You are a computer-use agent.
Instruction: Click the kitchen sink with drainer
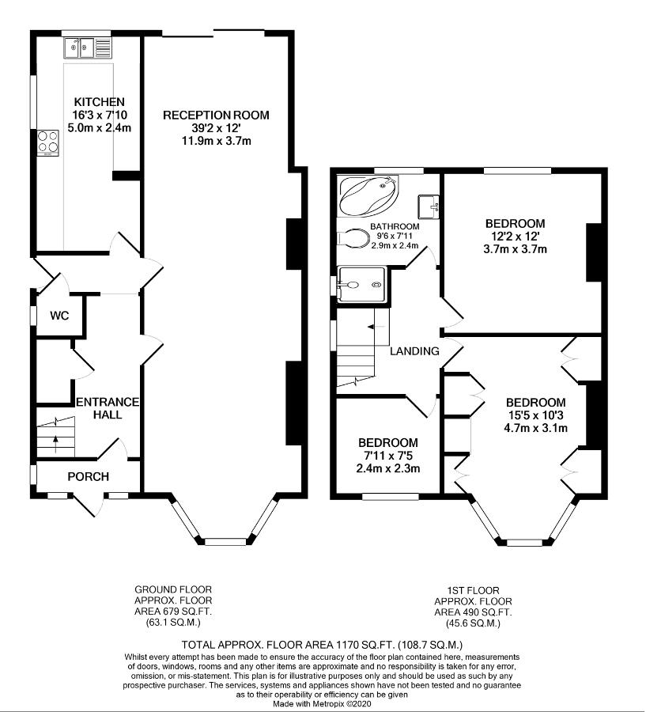tap(88, 47)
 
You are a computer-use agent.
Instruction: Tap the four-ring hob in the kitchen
tap(47, 143)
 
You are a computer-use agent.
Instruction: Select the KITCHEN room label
tap(99, 102)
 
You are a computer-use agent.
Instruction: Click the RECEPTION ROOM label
tap(216, 115)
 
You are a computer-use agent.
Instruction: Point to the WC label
tap(59, 315)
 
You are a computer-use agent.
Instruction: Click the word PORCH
tap(88, 476)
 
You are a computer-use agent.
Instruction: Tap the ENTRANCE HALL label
tap(108, 407)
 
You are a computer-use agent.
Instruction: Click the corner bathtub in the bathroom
tap(368, 197)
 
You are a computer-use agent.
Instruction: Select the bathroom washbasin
tap(428, 206)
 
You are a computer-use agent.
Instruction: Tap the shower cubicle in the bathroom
tap(363, 285)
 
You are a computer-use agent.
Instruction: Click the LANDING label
tap(414, 351)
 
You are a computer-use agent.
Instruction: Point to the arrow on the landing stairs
tap(374, 327)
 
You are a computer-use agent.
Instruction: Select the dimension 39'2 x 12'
tap(216, 128)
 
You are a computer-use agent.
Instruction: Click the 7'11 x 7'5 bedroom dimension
tap(388, 456)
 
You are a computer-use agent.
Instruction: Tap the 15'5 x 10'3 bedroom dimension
tap(536, 415)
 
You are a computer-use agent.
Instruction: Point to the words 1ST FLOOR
tap(473, 590)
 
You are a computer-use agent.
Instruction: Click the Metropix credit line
tap(322, 704)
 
